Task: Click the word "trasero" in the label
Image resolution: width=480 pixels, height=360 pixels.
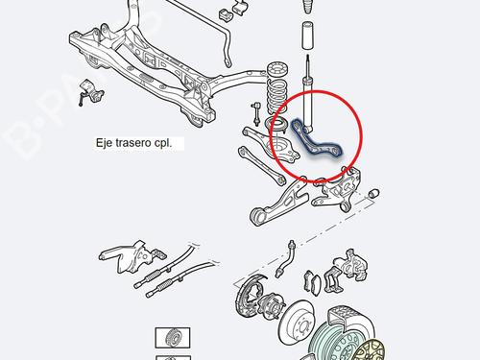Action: pos(132,143)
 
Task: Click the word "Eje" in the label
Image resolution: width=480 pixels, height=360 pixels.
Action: pos(104,143)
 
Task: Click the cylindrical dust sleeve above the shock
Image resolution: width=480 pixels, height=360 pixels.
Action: pos(307,36)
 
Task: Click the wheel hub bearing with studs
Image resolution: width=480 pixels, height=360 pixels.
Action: pos(271,304)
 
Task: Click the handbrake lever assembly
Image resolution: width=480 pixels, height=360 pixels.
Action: pos(132,256)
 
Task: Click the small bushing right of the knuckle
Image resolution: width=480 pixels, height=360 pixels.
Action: pos(373,194)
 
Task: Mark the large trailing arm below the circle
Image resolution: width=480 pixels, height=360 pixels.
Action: pos(277,204)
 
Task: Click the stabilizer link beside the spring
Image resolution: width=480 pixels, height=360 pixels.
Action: pos(256,113)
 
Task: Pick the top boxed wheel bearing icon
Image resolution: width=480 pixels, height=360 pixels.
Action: pos(173,338)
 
